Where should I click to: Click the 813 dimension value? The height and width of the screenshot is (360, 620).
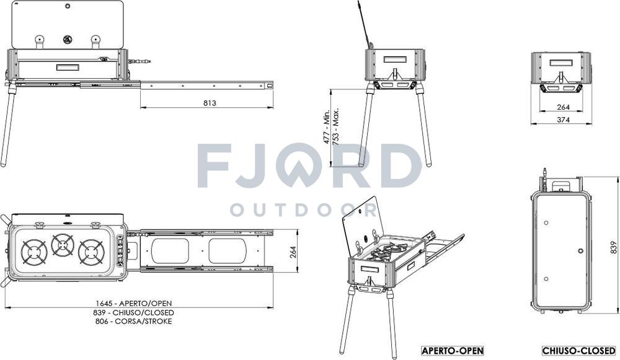coord(210,103)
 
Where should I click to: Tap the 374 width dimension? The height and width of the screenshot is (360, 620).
coord(563,120)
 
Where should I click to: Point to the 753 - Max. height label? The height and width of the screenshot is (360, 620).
coord(336,126)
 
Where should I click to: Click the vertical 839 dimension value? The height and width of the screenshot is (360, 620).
coord(613,247)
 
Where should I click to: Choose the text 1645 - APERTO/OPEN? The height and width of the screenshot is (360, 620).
coord(134,304)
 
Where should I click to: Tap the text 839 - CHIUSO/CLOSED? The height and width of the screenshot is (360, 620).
coord(134,312)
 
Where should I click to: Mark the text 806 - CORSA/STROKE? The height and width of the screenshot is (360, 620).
coord(134,321)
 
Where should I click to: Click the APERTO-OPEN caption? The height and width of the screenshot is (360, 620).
coord(453,351)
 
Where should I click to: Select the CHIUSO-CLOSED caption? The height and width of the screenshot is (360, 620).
coord(579,351)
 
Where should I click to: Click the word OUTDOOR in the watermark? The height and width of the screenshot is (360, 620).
coord(303,210)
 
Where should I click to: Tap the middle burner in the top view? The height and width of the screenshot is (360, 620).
coord(63,245)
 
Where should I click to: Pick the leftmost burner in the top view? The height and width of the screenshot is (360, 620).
coord(34,252)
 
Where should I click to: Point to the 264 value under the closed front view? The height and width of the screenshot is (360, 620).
coord(563,107)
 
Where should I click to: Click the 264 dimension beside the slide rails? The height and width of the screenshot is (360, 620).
coord(293,252)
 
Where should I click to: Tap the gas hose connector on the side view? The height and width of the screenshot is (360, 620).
coord(139,61)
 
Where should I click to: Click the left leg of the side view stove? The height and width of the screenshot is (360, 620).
coord(9,123)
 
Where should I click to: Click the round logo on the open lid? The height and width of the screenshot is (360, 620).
coord(67,39)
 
